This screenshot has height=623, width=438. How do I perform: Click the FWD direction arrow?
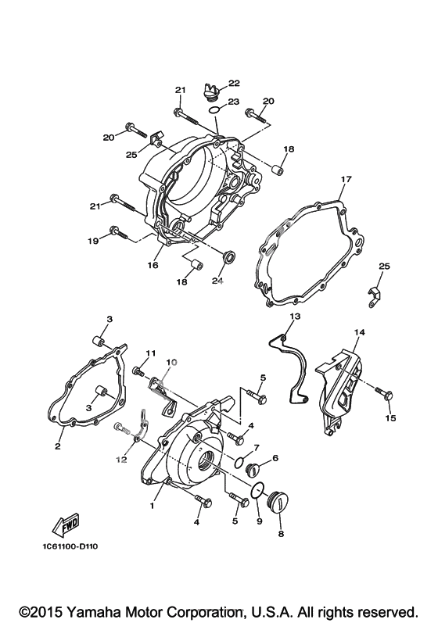tap(66, 525)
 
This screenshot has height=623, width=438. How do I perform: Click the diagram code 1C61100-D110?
tap(70, 546)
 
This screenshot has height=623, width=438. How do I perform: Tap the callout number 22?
tap(234, 83)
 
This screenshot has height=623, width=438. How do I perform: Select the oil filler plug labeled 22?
tap(210, 91)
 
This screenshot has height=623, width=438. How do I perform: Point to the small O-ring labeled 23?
tap(214, 109)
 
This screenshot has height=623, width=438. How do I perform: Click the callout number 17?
tap(346, 179)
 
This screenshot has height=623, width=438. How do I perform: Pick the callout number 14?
tap(359, 331)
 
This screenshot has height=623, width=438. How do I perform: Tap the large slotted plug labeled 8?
tap(278, 501)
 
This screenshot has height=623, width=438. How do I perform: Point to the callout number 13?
tap(295, 317)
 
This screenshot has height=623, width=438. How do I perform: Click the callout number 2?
tap(58, 446)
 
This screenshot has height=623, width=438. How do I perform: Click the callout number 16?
tap(153, 265)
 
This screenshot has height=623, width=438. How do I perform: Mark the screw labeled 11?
tap(139, 371)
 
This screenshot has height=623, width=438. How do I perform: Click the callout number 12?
tap(121, 460)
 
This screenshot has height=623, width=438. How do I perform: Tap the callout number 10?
tap(171, 362)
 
